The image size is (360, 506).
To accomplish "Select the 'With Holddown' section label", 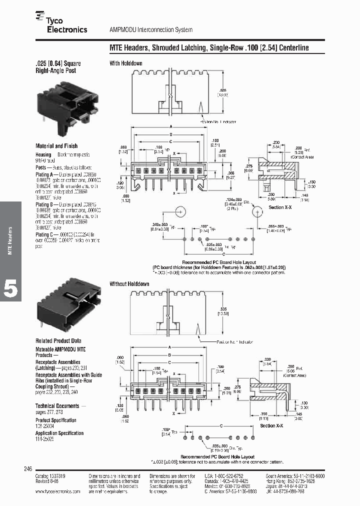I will pos(126,63).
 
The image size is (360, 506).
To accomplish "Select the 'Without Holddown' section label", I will pos(129,284).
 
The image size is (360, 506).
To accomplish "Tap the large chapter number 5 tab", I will pos(10,290).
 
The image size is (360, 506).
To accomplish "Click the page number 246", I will pos(28,469).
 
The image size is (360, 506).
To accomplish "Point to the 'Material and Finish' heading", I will pos(56,146).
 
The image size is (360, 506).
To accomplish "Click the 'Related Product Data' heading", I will pos(58,340).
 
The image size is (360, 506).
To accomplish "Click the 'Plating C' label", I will pos(45,233).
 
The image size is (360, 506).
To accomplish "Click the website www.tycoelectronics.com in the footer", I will pos(57,491).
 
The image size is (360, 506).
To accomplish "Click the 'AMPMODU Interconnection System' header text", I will pos(151,30).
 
